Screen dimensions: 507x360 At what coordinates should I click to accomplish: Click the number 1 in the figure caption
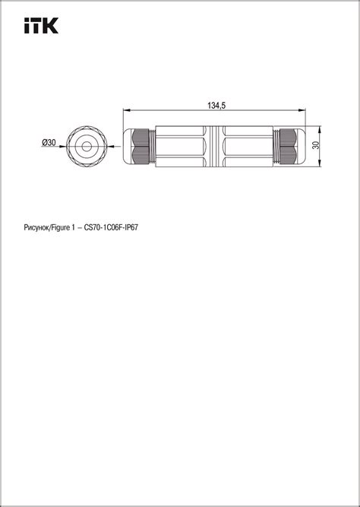point(74,227)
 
